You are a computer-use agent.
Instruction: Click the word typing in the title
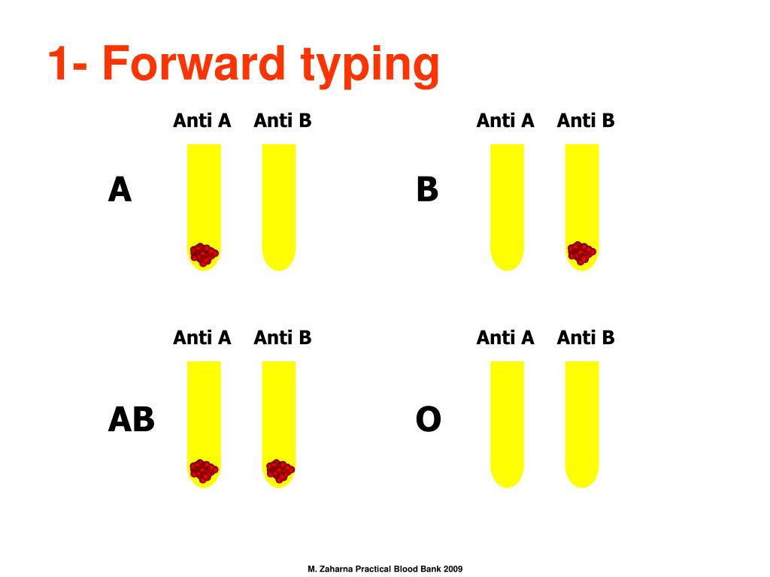pos(370,67)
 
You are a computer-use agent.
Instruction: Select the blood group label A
pos(120,190)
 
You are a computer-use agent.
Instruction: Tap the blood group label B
pos(427,190)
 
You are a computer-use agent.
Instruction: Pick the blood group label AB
pos(131,419)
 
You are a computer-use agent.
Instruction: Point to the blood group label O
pos(428,419)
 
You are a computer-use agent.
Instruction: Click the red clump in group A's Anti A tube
pos(204,254)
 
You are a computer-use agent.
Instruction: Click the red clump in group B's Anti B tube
pos(581,252)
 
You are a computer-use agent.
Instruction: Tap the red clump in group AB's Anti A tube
pos(204,471)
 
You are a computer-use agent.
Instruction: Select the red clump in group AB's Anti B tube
pos(280,471)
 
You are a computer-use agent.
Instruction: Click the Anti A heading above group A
pos(202,121)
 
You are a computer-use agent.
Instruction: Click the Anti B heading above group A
pos(283,121)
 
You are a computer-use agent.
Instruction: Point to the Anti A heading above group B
pos(505,121)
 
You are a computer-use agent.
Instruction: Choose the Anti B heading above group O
pos(586,337)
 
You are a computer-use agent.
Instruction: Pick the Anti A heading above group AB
pos(202,337)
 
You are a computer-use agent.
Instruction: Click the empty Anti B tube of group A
pos(279,207)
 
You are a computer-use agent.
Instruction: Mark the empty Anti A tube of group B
pos(508,207)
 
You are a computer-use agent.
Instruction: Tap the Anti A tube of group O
pos(508,424)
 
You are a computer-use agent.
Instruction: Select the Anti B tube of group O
pos(582,424)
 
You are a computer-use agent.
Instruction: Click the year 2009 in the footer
pos(453,569)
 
